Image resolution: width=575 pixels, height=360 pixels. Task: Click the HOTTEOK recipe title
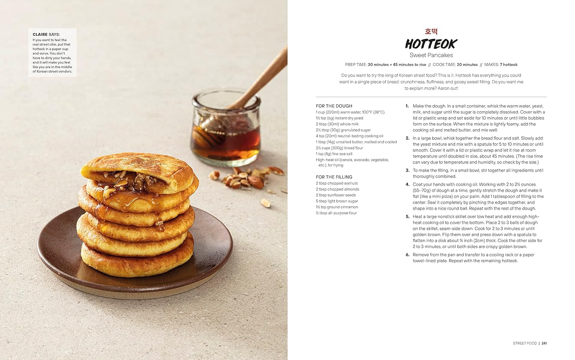pyautogui.click(x=431, y=44)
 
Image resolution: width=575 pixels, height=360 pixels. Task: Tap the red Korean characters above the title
pyautogui.click(x=431, y=31)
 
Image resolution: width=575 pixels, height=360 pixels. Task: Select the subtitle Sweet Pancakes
pyautogui.click(x=431, y=55)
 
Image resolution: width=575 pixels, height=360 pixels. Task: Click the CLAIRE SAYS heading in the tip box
pyautogui.click(x=46, y=35)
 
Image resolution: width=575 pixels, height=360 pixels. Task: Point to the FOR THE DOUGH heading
pyautogui.click(x=334, y=106)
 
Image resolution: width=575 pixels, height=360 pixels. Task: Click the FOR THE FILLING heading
pyautogui.click(x=334, y=177)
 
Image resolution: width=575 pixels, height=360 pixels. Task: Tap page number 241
pyautogui.click(x=544, y=343)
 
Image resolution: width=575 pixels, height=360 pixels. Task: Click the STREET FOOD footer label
pyautogui.click(x=524, y=343)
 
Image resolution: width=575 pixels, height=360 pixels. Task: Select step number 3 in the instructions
pyautogui.click(x=407, y=170)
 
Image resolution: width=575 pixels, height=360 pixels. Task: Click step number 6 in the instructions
pyautogui.click(x=407, y=255)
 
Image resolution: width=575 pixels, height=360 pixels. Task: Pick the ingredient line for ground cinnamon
pyautogui.click(x=337, y=207)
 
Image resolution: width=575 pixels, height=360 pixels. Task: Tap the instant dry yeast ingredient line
pyautogui.click(x=339, y=118)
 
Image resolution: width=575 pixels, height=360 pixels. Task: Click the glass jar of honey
pyautogui.click(x=226, y=130)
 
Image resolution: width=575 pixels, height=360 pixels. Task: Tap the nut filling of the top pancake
pyautogui.click(x=130, y=180)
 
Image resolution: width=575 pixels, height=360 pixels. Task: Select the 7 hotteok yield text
pyautogui.click(x=508, y=64)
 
